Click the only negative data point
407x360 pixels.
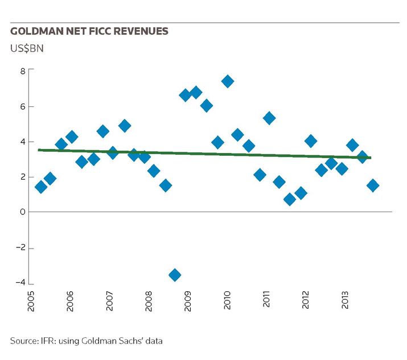175,275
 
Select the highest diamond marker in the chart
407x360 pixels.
228,81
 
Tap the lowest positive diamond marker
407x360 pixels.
290,200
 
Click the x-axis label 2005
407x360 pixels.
31,301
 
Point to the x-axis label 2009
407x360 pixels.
187,301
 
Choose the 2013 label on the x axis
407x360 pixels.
344,300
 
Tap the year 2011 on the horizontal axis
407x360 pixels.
266,299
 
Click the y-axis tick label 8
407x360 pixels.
23,71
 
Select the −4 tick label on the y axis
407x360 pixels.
20,283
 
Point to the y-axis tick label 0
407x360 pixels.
23,212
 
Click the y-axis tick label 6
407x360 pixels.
23,106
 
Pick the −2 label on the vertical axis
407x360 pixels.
20,247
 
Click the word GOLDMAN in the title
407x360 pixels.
37,31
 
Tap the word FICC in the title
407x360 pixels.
100,31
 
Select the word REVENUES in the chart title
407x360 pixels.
141,31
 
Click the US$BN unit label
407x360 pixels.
27,48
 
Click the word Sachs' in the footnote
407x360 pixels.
131,341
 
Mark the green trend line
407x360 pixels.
204,154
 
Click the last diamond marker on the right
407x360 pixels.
373,185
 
